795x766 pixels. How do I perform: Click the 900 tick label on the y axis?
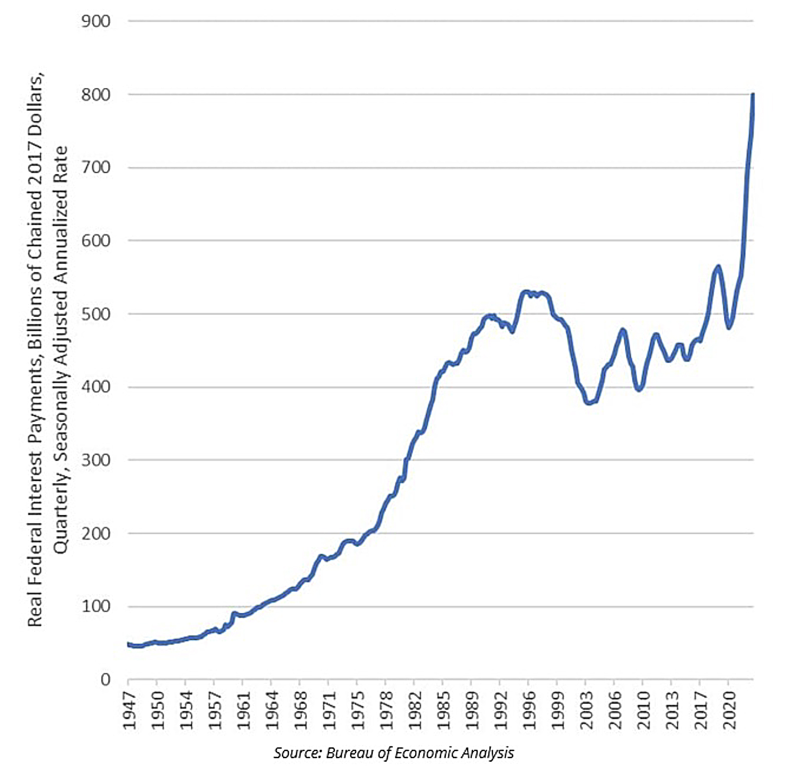click(96, 21)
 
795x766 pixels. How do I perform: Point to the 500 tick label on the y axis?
click(96, 314)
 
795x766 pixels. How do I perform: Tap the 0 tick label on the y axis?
click(105, 680)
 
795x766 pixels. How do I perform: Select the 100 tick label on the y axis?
click(96, 606)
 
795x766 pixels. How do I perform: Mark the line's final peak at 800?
click(753, 95)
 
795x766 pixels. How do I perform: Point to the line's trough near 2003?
click(589, 403)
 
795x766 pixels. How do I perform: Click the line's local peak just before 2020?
click(718, 267)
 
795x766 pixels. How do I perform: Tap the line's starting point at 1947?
click(129, 644)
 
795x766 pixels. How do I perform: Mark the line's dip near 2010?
click(639, 389)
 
